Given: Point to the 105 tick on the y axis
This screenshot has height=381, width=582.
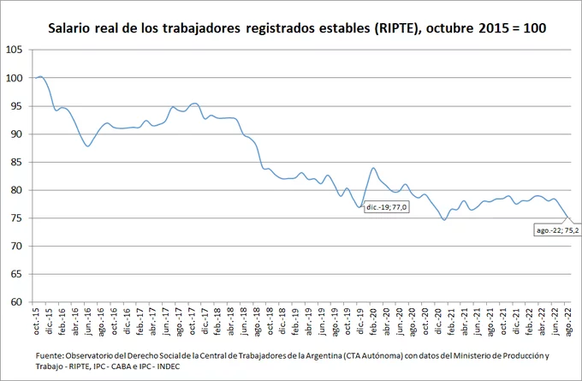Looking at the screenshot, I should coord(15,50).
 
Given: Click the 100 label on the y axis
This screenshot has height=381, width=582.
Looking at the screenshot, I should coord(15,78).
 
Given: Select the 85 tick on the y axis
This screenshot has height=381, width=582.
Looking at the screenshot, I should coord(17,162).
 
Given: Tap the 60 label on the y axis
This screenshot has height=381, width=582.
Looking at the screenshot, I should coord(17,302).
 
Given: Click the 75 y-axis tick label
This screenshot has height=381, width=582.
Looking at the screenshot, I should coord(17,218).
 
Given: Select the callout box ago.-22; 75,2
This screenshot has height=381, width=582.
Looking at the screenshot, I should coord(557,230).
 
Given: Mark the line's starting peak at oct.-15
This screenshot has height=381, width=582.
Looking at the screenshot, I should coord(40,77).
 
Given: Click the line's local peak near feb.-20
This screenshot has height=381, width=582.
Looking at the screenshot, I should coord(373,168).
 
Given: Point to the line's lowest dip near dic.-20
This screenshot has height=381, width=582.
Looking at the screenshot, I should coord(444,220).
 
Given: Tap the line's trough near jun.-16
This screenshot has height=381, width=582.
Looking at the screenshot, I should coord(87,146).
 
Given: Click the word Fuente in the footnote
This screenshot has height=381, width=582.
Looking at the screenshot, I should coord(52,355).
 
